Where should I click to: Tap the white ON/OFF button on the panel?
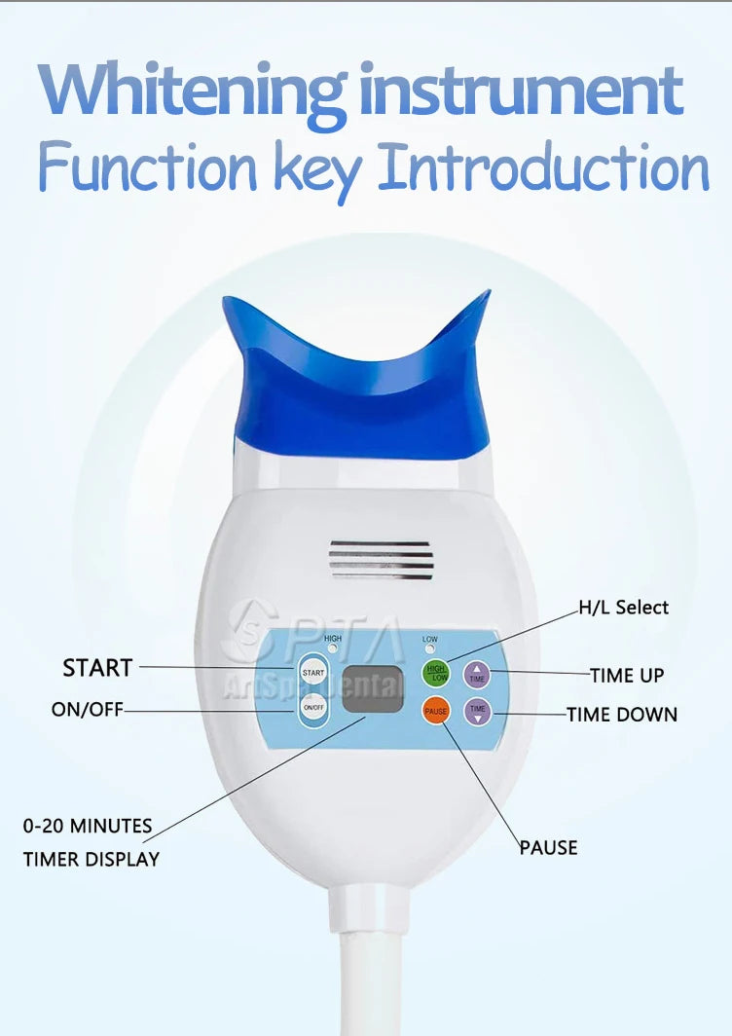click(312, 708)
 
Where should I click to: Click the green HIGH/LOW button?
click(436, 673)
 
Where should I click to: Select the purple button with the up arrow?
click(477, 673)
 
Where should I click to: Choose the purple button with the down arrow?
click(477, 712)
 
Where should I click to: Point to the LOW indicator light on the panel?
click(429, 649)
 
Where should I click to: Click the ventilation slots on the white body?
click(381, 559)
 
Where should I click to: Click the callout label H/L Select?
click(624, 608)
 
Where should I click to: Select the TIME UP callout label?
click(627, 675)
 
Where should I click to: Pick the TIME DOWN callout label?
click(622, 715)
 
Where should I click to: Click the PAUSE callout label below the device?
click(548, 848)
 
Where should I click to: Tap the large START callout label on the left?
click(97, 668)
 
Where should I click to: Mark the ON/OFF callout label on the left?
click(88, 710)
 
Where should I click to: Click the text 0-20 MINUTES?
click(88, 827)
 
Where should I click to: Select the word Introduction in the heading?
click(543, 167)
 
